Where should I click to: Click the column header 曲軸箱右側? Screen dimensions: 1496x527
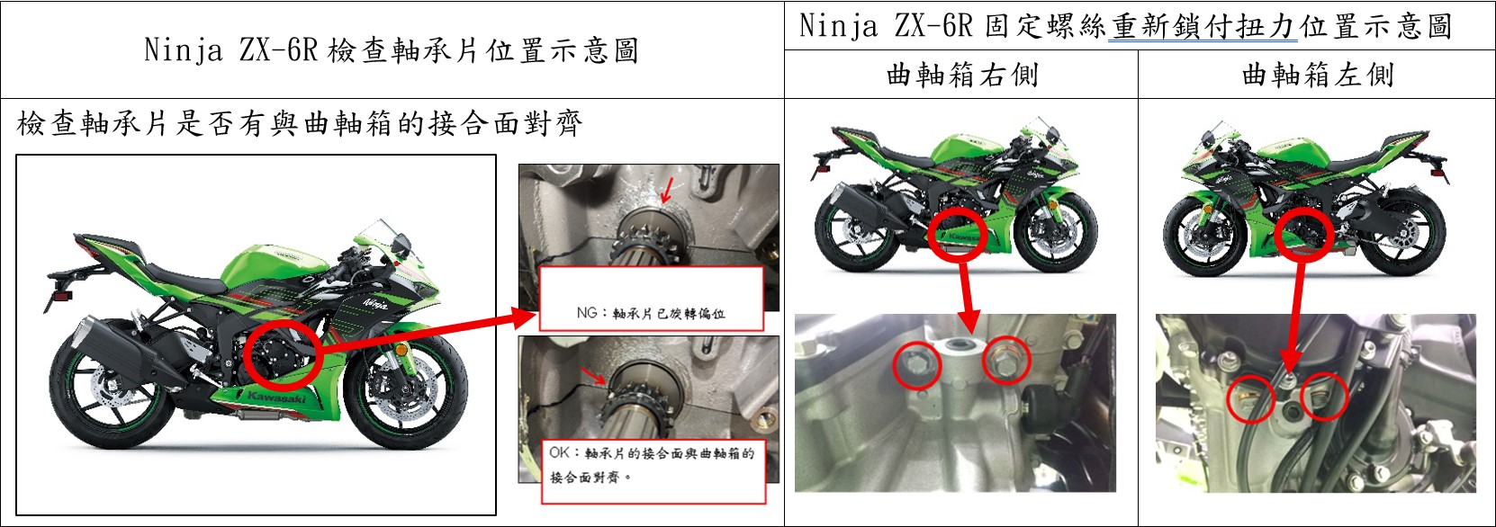pos(961,75)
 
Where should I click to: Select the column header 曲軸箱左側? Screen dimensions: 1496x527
pos(1318,75)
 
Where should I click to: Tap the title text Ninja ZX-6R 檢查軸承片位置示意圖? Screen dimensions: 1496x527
pos(392,50)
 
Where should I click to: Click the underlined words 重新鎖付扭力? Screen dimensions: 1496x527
pos(1203,27)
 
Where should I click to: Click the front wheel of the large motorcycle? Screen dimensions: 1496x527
pos(405,394)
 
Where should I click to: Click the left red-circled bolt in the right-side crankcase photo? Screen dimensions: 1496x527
pos(917,364)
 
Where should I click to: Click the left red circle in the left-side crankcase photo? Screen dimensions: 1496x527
pos(1251,399)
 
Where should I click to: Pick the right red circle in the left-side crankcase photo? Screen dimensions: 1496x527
pos(1324,397)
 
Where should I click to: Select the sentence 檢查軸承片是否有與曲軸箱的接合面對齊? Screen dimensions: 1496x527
pos(299,124)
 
